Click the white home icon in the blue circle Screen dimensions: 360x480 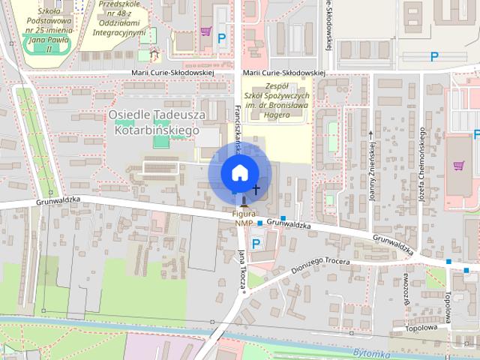[x=239, y=172]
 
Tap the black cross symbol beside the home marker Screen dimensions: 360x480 [x=256, y=190]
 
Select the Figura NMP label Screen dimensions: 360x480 [x=244, y=218]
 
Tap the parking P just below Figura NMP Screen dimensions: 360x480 [x=256, y=243]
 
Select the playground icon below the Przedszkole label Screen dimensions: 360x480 [x=154, y=53]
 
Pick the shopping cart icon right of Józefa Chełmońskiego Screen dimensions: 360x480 [x=458, y=164]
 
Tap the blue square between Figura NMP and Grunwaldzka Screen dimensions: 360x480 [x=259, y=223]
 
